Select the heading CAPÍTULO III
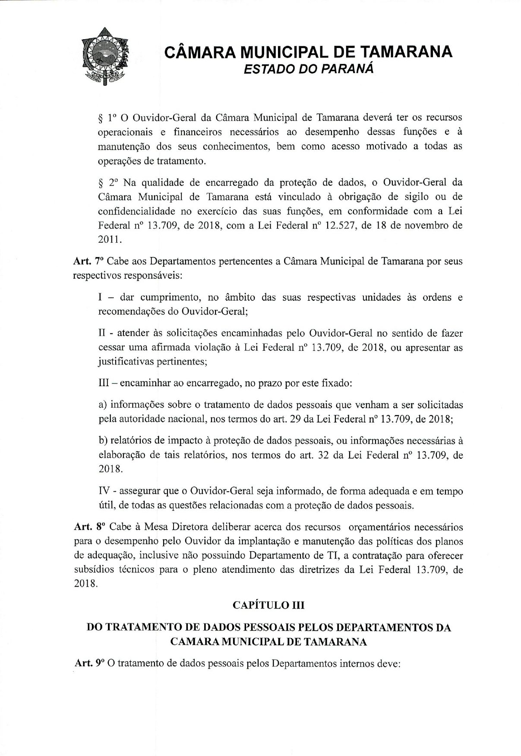[x=268, y=606]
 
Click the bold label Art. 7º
[x=88, y=261]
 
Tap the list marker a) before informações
[x=103, y=405]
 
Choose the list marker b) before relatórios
[x=103, y=441]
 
